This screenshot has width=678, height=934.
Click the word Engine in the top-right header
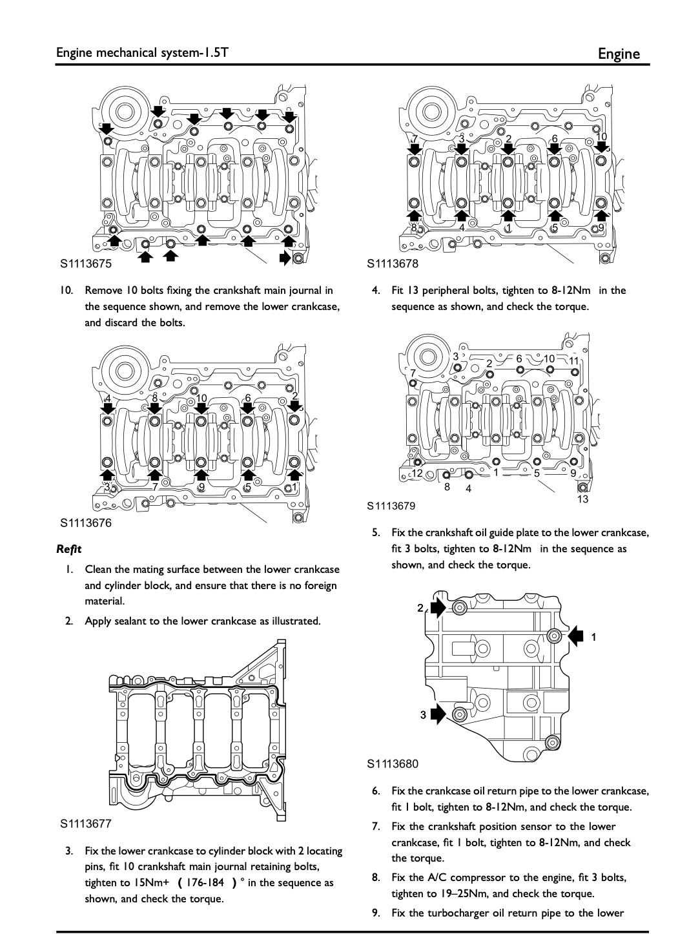[619, 54]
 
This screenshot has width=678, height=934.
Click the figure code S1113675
[86, 264]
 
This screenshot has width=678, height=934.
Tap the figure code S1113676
[86, 523]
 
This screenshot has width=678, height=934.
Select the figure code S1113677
[86, 824]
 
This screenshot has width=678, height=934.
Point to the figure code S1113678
[393, 264]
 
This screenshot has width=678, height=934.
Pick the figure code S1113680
[393, 764]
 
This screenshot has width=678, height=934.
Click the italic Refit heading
[69, 549]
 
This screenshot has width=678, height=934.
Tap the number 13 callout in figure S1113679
[582, 499]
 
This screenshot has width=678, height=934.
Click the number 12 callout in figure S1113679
[417, 473]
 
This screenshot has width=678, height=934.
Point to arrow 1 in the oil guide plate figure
[576, 636]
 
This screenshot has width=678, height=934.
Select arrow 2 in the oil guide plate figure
[438, 607]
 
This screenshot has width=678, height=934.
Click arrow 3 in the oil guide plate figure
[438, 714]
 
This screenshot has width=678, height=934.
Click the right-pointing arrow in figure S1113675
[285, 258]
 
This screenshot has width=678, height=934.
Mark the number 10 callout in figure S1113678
[601, 137]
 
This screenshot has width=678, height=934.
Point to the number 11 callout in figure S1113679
[573, 360]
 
